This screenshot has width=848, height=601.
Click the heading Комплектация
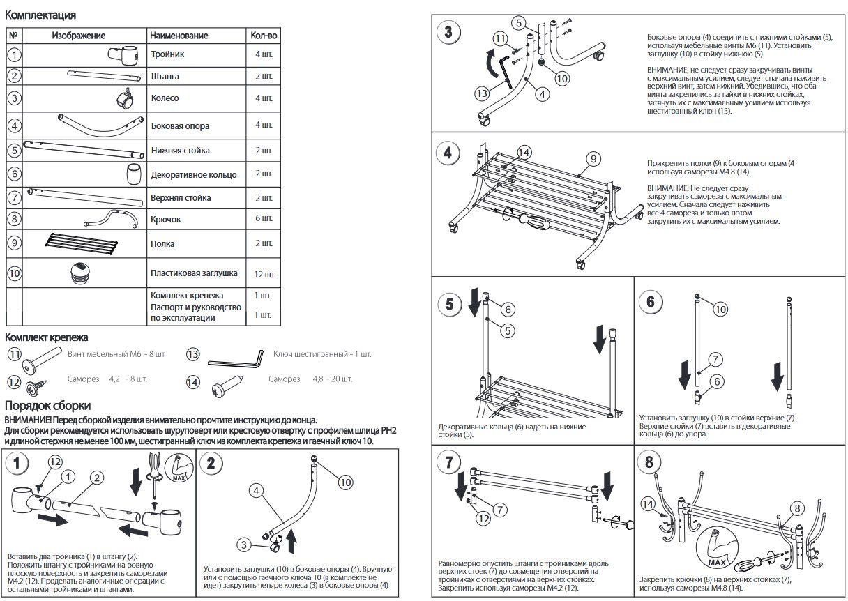point(40,15)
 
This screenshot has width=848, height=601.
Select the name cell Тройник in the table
point(168,54)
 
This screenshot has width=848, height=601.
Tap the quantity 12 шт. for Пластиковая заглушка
point(263,273)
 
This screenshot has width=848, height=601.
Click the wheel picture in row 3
point(125,99)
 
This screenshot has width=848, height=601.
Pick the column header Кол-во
point(263,35)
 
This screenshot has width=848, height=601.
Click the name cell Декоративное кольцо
point(194,174)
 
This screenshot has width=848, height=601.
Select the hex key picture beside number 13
point(234,358)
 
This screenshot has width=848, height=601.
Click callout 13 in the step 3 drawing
point(481,93)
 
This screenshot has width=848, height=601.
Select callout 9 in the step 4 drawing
point(592,159)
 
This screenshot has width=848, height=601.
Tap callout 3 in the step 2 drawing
point(243,545)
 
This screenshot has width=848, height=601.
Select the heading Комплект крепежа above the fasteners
point(46,337)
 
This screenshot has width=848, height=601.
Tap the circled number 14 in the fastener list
point(193,381)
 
